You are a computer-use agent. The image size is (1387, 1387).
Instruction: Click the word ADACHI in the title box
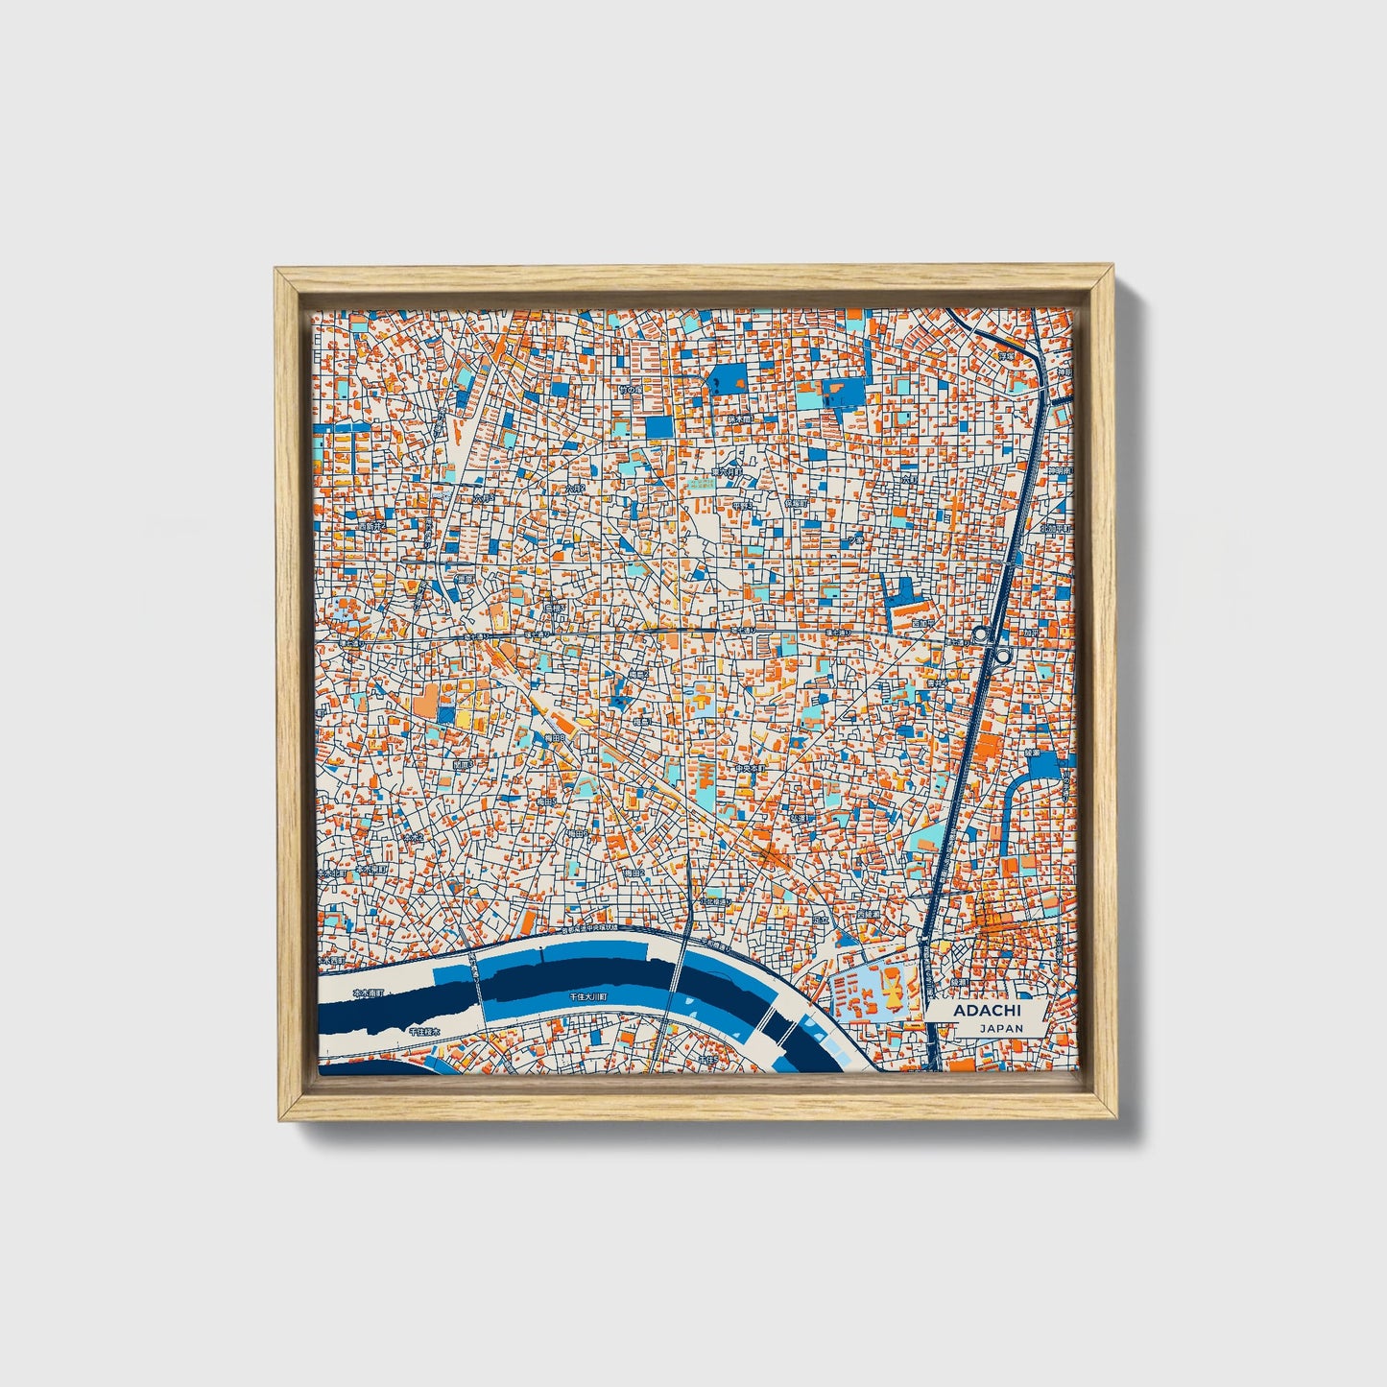click(987, 1011)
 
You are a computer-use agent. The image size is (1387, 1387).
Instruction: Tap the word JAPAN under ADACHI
click(1001, 1028)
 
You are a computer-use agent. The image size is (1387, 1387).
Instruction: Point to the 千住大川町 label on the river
click(588, 997)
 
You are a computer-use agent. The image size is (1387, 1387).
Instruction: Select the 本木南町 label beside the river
click(368, 993)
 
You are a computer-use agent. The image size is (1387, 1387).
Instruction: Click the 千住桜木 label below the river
click(423, 1031)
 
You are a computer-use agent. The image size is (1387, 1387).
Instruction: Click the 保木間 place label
click(738, 419)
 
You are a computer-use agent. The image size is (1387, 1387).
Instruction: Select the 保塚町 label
click(797, 502)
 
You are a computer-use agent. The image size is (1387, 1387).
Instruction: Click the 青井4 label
click(937, 683)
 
